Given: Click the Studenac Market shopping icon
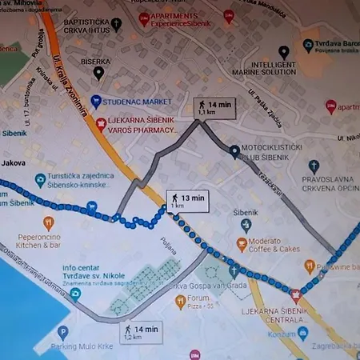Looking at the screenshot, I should point(95,102).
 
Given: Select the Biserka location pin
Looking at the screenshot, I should point(98,73).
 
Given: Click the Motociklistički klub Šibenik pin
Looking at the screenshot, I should point(233,150).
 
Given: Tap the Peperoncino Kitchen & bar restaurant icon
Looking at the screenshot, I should point(48,224).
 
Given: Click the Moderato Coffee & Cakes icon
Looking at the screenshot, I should point(242,245).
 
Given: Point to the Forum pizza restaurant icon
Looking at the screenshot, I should point(180,302).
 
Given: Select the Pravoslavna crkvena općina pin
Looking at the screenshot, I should point(314,166).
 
